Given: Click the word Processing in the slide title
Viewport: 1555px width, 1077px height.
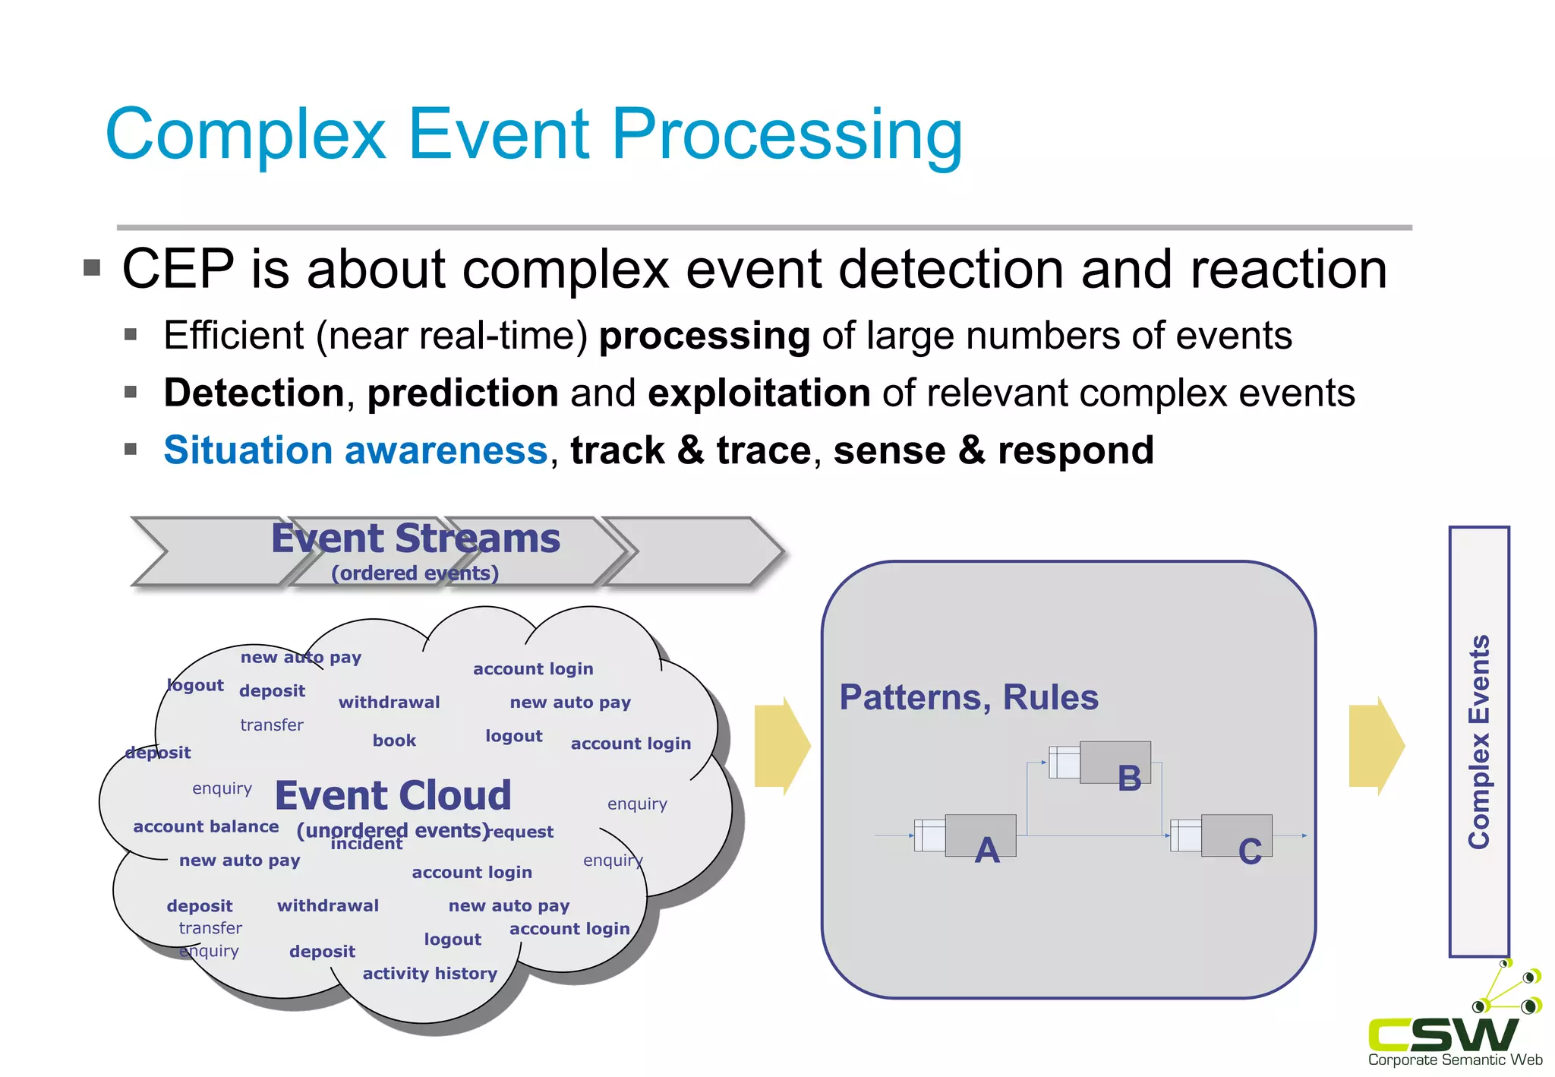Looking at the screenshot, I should [x=786, y=135].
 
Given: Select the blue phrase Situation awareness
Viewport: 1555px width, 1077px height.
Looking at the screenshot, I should [x=355, y=450].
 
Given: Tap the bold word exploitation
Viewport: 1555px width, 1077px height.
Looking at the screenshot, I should [x=759, y=393].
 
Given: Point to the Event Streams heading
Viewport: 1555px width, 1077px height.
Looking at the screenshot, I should [x=415, y=538].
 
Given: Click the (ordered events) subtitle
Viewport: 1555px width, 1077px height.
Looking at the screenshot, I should [x=415, y=573].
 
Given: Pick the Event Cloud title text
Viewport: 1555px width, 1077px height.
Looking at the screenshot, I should [x=393, y=795].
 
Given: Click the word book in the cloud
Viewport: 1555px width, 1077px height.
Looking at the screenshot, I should [x=394, y=741].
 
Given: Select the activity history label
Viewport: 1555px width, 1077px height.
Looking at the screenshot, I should [x=430, y=974].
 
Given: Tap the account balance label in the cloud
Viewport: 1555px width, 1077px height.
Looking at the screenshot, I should [x=206, y=826].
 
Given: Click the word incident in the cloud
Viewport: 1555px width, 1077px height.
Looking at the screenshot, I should [x=366, y=845].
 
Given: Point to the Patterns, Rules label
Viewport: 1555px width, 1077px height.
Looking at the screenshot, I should [x=968, y=697].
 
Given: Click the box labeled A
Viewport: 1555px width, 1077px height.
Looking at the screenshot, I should [x=979, y=835].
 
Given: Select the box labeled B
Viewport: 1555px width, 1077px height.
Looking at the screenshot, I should [x=1115, y=763].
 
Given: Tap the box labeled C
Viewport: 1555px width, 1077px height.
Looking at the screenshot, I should [x=1235, y=835].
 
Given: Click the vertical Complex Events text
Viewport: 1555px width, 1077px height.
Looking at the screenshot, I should [x=1478, y=741].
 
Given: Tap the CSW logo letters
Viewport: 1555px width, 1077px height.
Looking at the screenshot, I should [x=1443, y=1034].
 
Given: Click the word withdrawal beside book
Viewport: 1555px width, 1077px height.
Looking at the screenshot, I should [x=389, y=703].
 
